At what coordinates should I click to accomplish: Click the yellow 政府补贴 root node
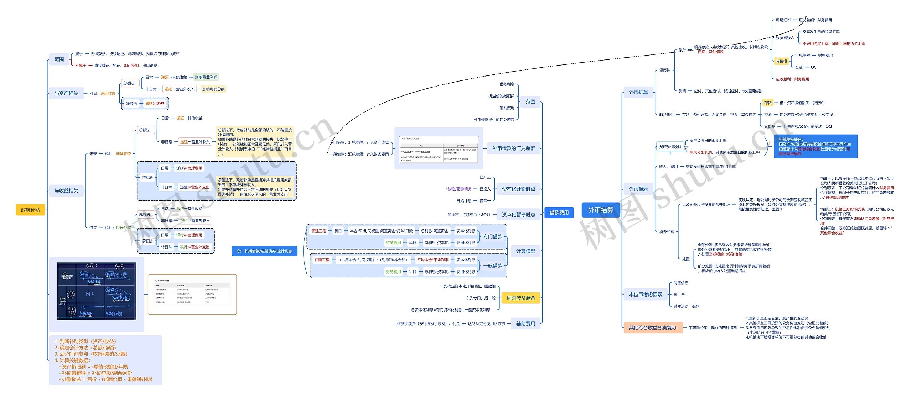(x=30, y=210)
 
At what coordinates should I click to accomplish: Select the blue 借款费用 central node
(x=559, y=213)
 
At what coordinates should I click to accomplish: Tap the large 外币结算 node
(x=600, y=210)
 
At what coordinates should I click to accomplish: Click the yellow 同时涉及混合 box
(x=520, y=298)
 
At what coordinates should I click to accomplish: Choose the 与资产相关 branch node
(x=66, y=93)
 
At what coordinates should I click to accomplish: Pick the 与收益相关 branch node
(x=66, y=191)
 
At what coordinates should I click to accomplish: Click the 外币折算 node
(x=638, y=92)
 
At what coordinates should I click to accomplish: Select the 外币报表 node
(x=638, y=189)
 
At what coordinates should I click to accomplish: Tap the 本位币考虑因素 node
(x=645, y=295)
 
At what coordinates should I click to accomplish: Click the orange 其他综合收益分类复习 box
(x=653, y=328)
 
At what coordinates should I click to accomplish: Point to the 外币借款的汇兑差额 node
(x=513, y=149)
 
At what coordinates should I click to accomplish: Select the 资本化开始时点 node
(x=518, y=189)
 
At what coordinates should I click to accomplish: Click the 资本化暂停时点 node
(x=518, y=214)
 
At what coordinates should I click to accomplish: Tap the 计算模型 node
(x=525, y=251)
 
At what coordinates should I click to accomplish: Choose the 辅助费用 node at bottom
(x=525, y=323)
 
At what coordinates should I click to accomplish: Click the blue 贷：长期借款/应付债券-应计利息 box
(x=264, y=251)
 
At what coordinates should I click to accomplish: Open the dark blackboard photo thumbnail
(x=97, y=291)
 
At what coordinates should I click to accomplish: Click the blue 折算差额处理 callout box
(x=815, y=146)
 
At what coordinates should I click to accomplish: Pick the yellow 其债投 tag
(x=781, y=61)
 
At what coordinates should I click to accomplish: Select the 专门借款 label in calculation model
(x=492, y=236)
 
